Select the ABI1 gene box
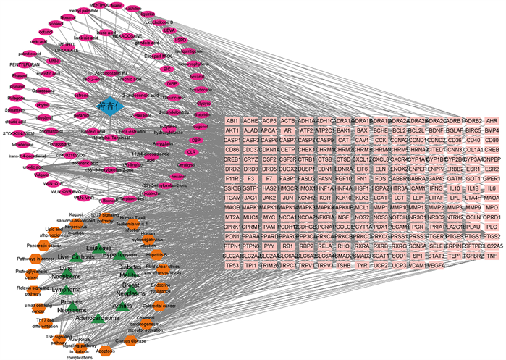click(x=232, y=120)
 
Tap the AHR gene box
click(x=492, y=120)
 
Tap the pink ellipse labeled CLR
click(x=191, y=152)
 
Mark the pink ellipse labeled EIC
click(x=167, y=69)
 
